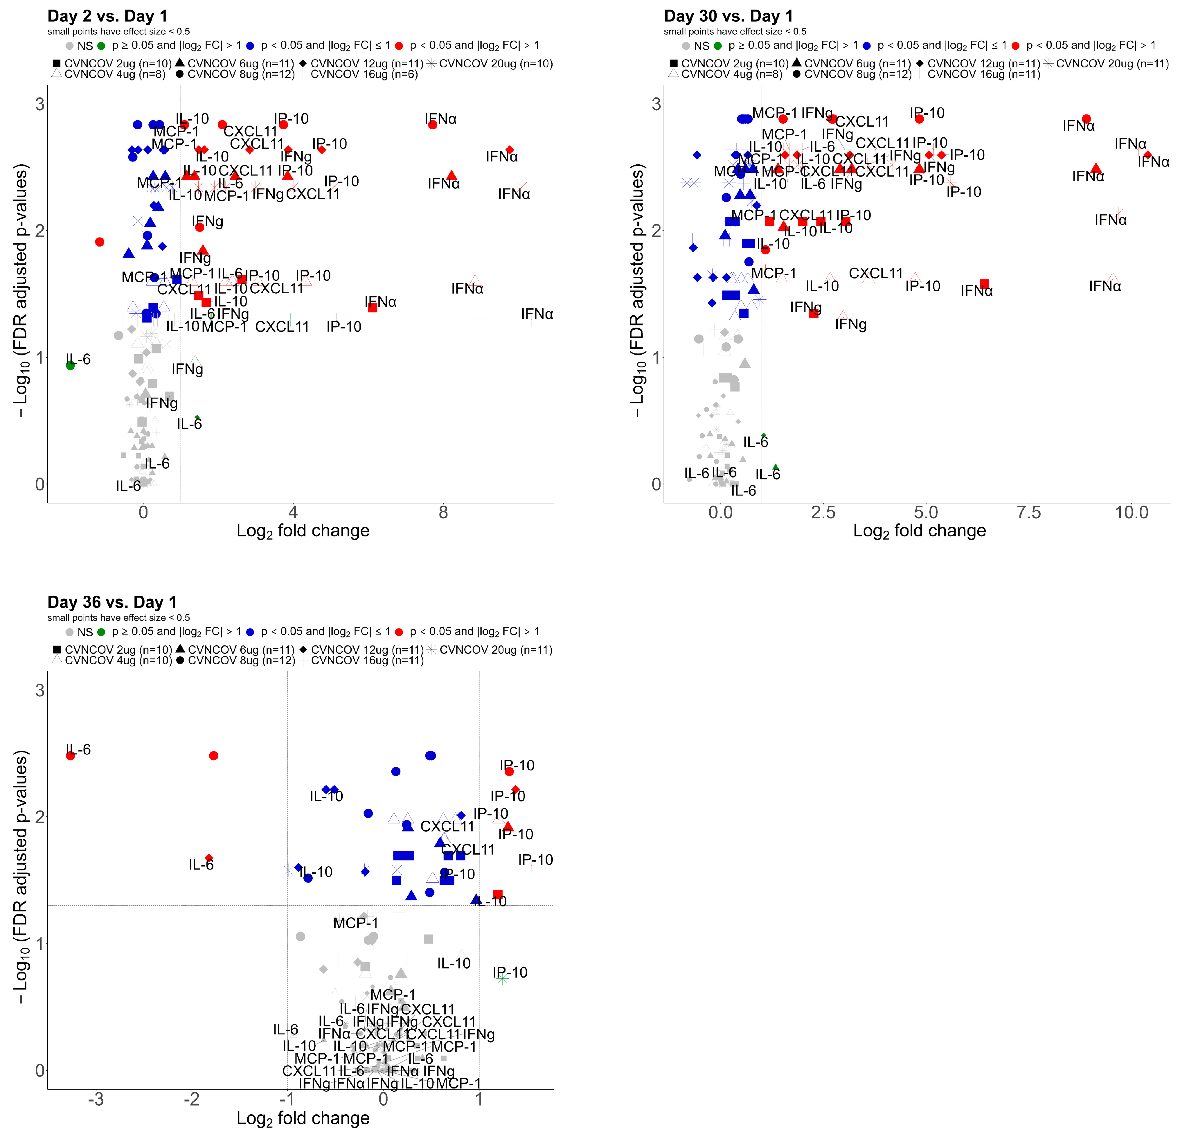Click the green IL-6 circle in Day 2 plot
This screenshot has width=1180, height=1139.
point(71,365)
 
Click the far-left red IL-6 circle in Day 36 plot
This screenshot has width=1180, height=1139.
point(71,756)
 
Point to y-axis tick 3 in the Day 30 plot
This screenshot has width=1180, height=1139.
point(656,104)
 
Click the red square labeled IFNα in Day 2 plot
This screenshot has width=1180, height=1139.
point(373,308)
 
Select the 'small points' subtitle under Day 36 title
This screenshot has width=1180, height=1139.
point(118,618)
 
